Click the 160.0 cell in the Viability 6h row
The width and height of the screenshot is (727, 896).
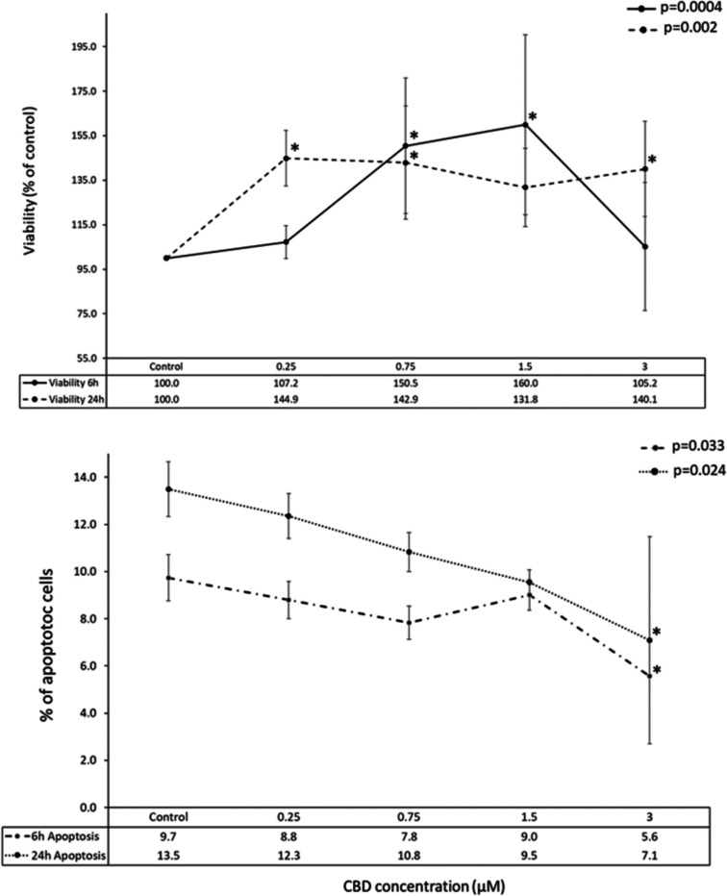pyautogui.click(x=525, y=384)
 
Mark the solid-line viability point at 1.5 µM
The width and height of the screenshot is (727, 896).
pyautogui.click(x=525, y=124)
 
